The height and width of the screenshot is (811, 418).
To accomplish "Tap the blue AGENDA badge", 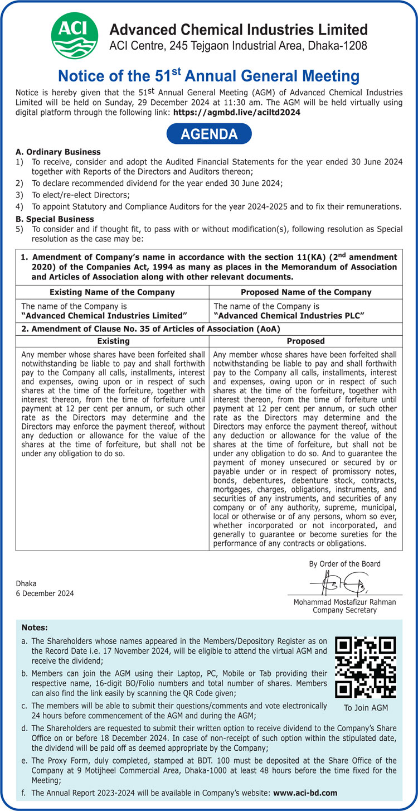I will tap(209, 134).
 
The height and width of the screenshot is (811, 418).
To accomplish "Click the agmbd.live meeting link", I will tap(237, 112).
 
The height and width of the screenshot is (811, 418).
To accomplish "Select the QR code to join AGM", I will tap(365, 667).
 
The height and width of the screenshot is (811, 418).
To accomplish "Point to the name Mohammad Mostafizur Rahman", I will tap(345, 602).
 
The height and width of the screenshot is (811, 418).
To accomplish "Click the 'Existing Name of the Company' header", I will tap(112, 292).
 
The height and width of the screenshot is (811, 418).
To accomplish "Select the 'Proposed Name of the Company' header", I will tap(306, 292).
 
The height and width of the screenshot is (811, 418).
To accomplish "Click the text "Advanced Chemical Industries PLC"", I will tap(289, 316).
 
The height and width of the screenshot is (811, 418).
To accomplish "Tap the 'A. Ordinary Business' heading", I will tap(59, 152).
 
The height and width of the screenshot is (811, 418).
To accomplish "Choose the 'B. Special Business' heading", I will tap(55, 219).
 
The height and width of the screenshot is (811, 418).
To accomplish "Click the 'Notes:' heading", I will tap(35, 628).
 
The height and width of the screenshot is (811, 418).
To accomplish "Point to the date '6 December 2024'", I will tap(45, 593).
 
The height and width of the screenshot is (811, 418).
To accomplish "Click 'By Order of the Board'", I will tap(345, 564).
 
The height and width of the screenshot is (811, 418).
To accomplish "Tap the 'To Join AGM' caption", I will tap(365, 708).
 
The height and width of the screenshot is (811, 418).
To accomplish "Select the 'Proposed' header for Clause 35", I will tap(305, 341).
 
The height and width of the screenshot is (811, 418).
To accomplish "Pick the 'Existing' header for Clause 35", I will tap(113, 341).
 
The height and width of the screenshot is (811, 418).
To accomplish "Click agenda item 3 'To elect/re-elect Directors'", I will tap(81, 195).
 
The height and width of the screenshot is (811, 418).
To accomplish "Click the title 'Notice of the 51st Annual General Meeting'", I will tap(209, 76).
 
